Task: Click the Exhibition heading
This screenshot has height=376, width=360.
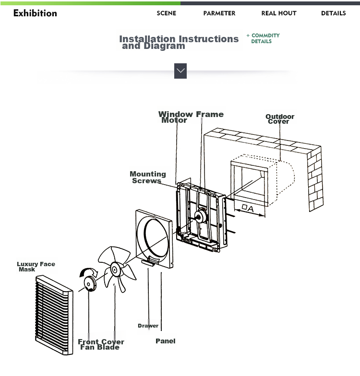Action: click(x=35, y=13)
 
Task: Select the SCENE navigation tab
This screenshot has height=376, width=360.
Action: click(x=166, y=13)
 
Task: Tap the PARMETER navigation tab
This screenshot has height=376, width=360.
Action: click(x=219, y=13)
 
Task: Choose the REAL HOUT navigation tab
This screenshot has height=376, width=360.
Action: click(x=279, y=13)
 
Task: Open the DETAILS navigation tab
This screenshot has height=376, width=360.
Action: click(x=333, y=13)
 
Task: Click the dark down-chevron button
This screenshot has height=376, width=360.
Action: click(x=180, y=71)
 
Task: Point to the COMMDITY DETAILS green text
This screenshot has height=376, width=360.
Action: click(x=263, y=38)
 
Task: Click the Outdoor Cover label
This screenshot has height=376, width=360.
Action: click(x=280, y=119)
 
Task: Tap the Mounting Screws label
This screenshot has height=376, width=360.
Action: click(x=148, y=177)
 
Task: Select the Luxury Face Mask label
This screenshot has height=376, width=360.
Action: click(x=36, y=267)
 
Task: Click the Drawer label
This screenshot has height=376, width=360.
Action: click(x=148, y=326)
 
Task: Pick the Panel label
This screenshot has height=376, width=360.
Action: click(x=165, y=341)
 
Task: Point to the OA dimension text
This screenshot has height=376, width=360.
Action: click(x=248, y=208)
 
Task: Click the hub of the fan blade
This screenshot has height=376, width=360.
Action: click(x=115, y=270)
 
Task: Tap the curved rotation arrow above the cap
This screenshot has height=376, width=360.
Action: click(x=88, y=272)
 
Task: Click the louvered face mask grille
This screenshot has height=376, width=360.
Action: click(x=54, y=315)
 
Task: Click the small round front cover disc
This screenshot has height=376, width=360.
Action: click(x=90, y=284)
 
